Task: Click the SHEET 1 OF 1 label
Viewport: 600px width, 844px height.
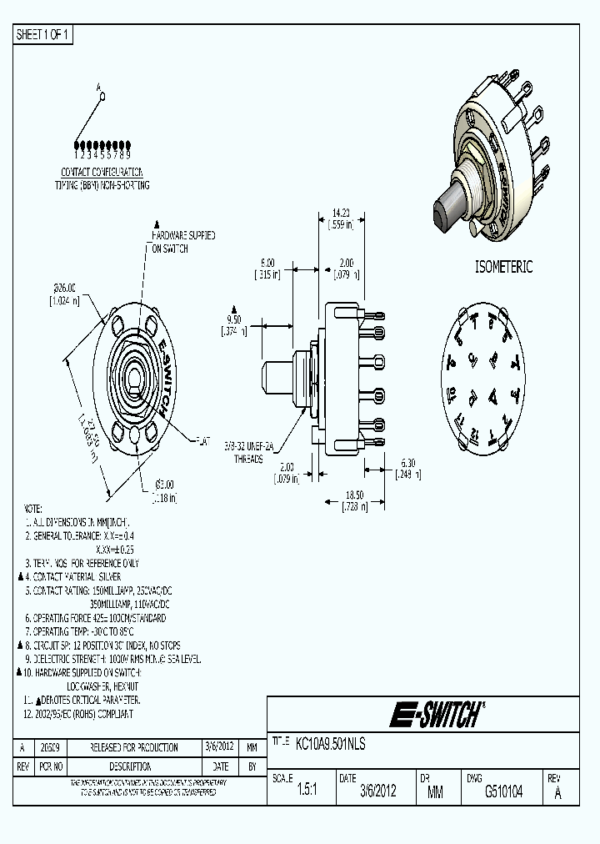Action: click(44, 35)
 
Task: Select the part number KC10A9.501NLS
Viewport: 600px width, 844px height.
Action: click(331, 743)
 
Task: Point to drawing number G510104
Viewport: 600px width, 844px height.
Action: click(503, 792)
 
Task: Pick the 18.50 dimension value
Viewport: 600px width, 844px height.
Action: click(356, 495)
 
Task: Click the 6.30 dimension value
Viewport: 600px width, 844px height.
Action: click(407, 462)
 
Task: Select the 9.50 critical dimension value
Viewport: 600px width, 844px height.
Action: click(234, 319)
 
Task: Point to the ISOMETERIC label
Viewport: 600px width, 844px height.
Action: click(502, 267)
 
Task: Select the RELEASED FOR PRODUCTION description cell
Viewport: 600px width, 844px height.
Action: click(134, 747)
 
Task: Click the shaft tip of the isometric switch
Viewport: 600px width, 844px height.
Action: click(441, 216)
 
